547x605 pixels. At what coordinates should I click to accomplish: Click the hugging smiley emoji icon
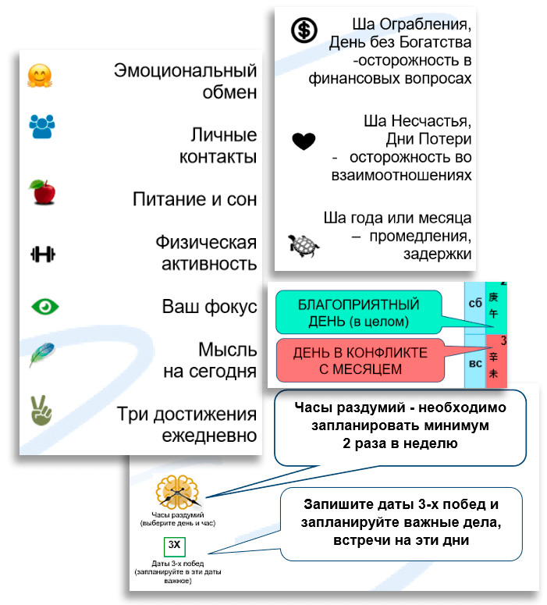point(39,76)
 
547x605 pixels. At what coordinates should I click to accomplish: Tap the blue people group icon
point(42,126)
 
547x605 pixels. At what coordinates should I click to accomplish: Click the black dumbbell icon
point(43,254)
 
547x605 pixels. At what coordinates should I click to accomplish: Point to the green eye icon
point(44,305)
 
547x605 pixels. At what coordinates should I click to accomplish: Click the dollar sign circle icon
point(304,30)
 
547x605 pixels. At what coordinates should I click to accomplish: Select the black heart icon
point(304,141)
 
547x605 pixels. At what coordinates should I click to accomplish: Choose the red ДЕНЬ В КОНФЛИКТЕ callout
point(360,361)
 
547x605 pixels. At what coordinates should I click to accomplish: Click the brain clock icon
point(178,492)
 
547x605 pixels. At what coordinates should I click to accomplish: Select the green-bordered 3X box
point(174,545)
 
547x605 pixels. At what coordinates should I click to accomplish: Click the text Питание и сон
point(194,198)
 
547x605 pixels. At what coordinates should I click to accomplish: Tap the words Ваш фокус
point(209,305)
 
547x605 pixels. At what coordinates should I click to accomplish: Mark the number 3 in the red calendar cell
point(503,340)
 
